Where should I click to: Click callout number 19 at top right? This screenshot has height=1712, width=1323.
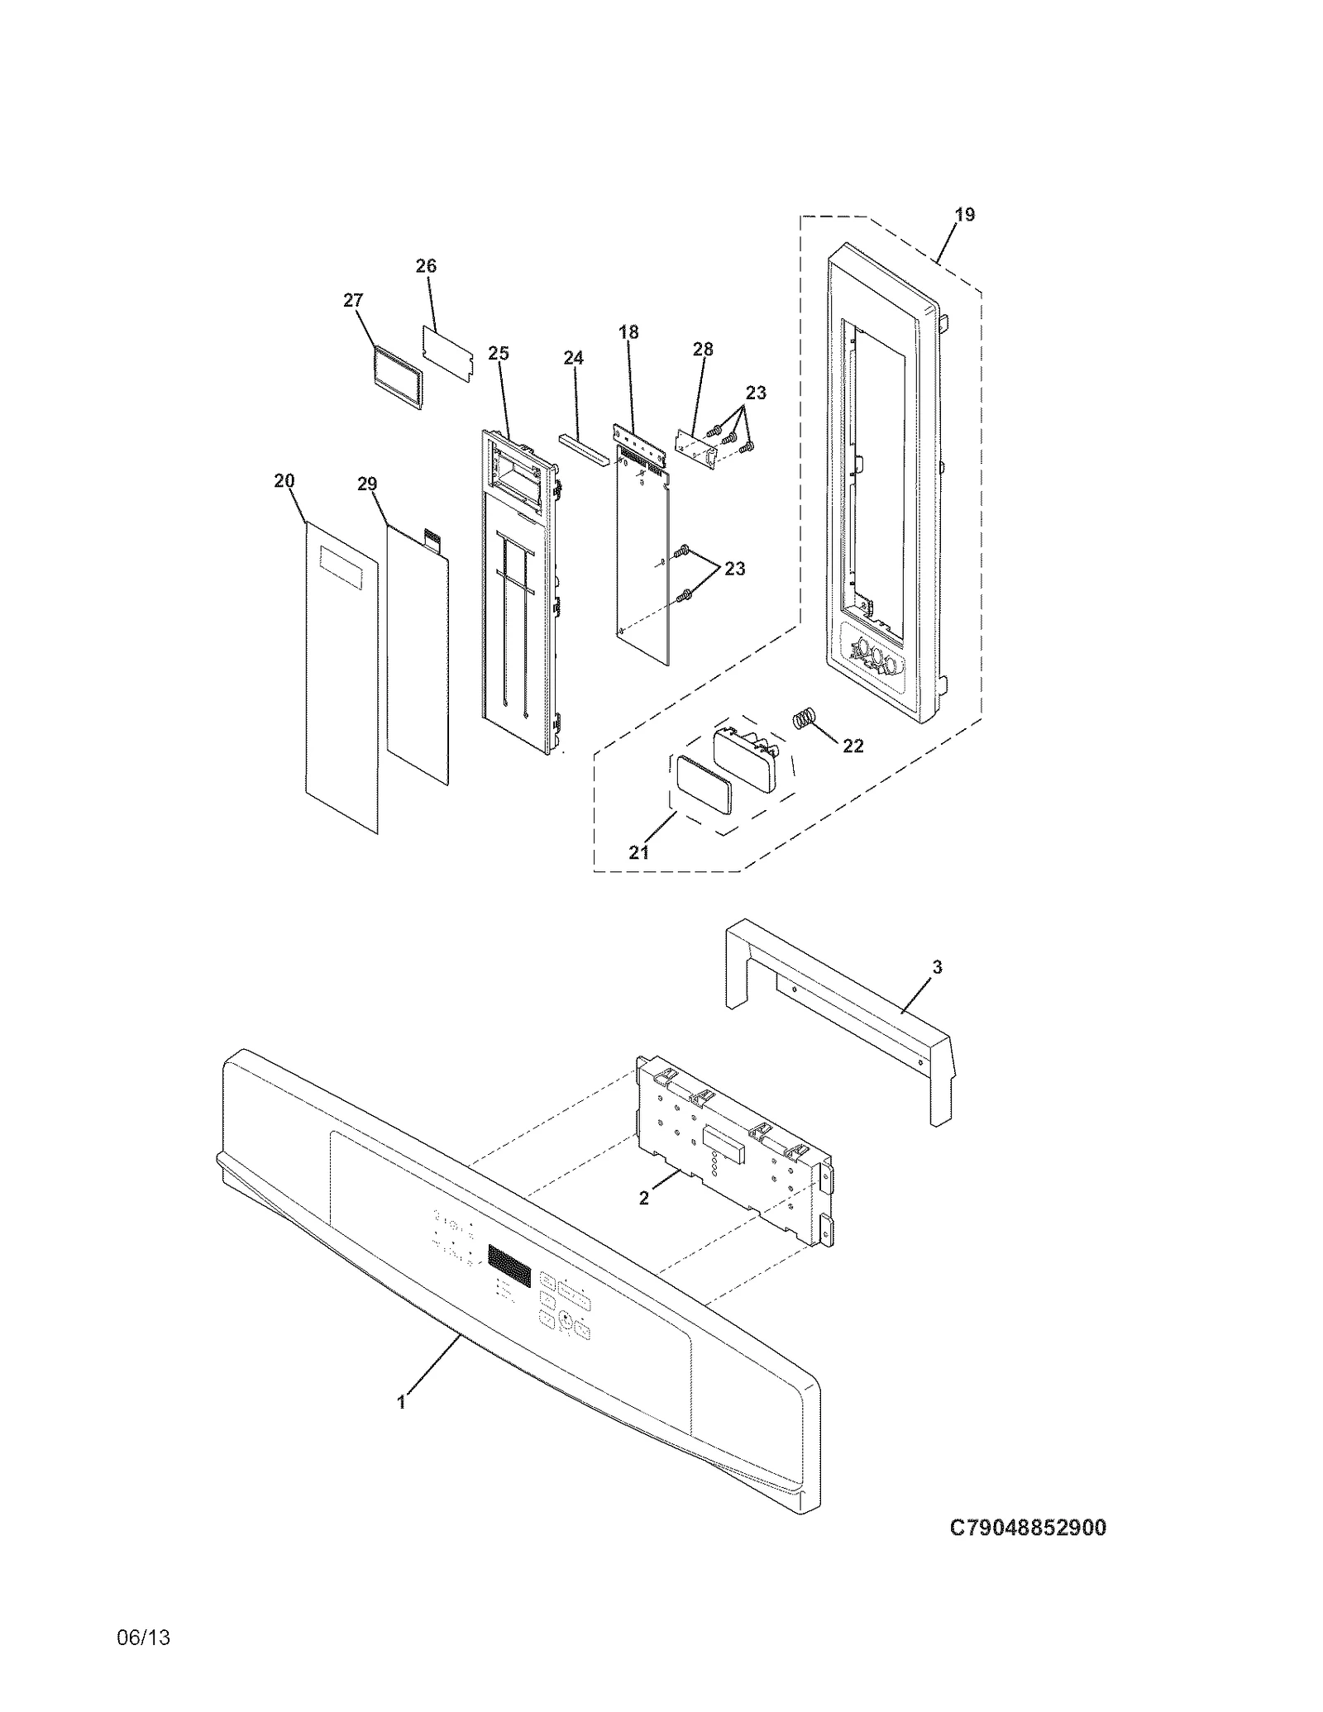[964, 215]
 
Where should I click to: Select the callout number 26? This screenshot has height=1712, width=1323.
[426, 266]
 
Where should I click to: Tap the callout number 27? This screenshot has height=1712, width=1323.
[353, 301]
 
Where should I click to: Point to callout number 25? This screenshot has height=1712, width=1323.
[498, 354]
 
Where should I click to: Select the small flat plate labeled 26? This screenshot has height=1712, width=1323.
[449, 353]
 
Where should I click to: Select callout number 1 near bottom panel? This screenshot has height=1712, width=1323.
[402, 1402]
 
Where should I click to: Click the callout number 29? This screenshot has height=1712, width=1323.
[367, 484]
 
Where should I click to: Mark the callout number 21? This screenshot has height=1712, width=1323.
[639, 852]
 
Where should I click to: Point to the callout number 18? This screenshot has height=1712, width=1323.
[628, 332]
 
